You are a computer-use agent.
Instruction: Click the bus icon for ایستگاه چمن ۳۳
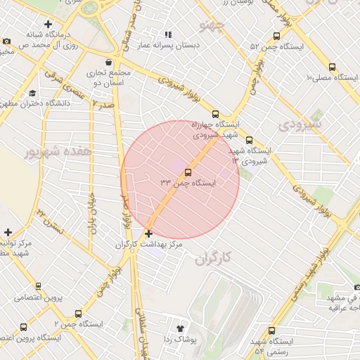coord(188,172)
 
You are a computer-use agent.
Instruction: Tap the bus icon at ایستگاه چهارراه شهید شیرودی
coord(215,114)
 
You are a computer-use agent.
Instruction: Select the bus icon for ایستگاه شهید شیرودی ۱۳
coord(249,140)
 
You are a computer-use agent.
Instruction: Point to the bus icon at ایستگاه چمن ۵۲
coord(275,37)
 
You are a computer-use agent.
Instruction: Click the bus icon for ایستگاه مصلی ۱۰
coord(332,67)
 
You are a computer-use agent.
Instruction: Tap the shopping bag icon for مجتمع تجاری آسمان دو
coord(108,63)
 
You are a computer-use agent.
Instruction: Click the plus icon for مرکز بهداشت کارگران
coord(148,233)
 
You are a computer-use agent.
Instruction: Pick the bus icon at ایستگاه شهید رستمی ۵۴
coord(272,330)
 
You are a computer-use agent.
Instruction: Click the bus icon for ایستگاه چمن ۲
coord(77,314)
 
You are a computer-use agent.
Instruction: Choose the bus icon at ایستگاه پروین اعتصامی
coord(38,286)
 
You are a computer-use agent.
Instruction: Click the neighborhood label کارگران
coord(211,258)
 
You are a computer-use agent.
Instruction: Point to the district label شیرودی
coord(300,124)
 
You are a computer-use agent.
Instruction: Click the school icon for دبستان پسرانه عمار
coord(167,34)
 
